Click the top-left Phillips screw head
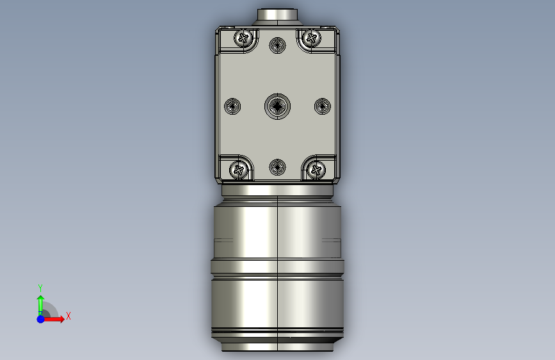point(243,38)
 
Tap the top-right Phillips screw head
point(312,38)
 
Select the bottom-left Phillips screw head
point(239,170)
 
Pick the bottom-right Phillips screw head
point(316,170)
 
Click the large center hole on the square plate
point(278,106)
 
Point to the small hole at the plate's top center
point(278,45)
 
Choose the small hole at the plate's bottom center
point(278,167)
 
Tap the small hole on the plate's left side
point(232,106)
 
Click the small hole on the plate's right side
point(323,106)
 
